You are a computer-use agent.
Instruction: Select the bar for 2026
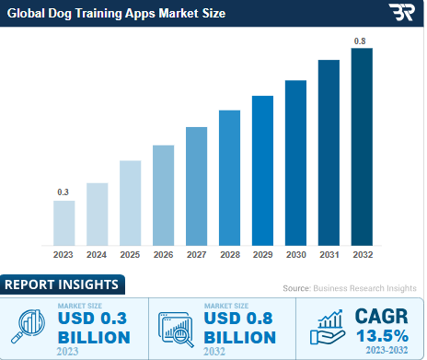163,194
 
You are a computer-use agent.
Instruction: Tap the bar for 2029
262,169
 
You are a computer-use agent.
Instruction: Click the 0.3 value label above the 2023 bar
63,192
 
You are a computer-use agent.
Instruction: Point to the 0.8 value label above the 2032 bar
362,40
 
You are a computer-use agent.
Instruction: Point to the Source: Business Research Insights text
349,288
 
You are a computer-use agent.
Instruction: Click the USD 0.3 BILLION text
92,328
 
